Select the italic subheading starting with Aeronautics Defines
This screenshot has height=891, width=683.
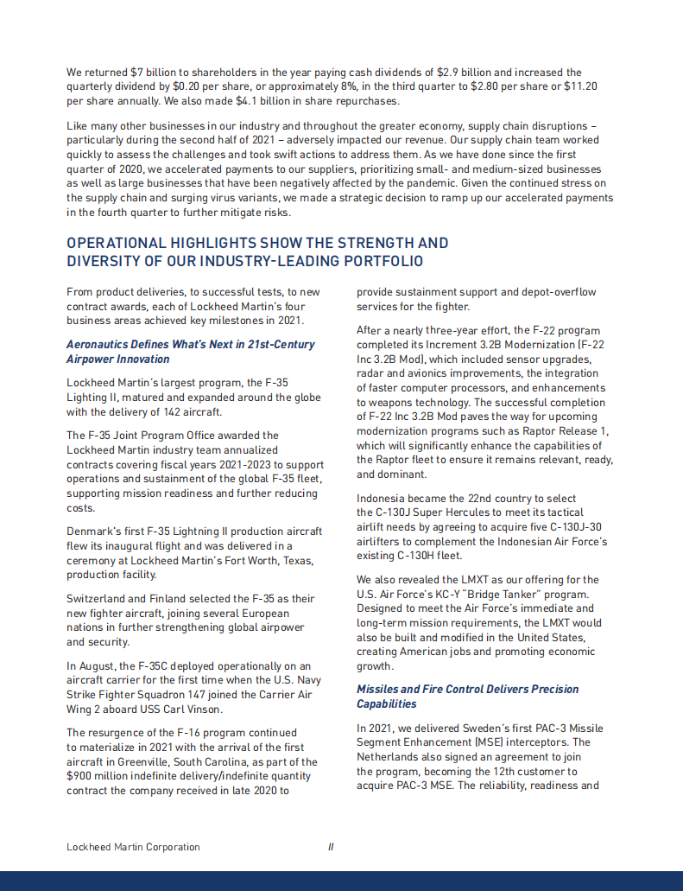[x=190, y=352]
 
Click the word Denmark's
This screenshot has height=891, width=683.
[x=92, y=531]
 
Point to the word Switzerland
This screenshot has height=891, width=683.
[x=98, y=598]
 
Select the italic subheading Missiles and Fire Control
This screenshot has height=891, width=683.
[x=467, y=696]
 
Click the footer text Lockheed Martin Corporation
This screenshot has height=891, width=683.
[x=133, y=847]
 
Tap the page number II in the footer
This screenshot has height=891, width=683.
[x=331, y=847]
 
